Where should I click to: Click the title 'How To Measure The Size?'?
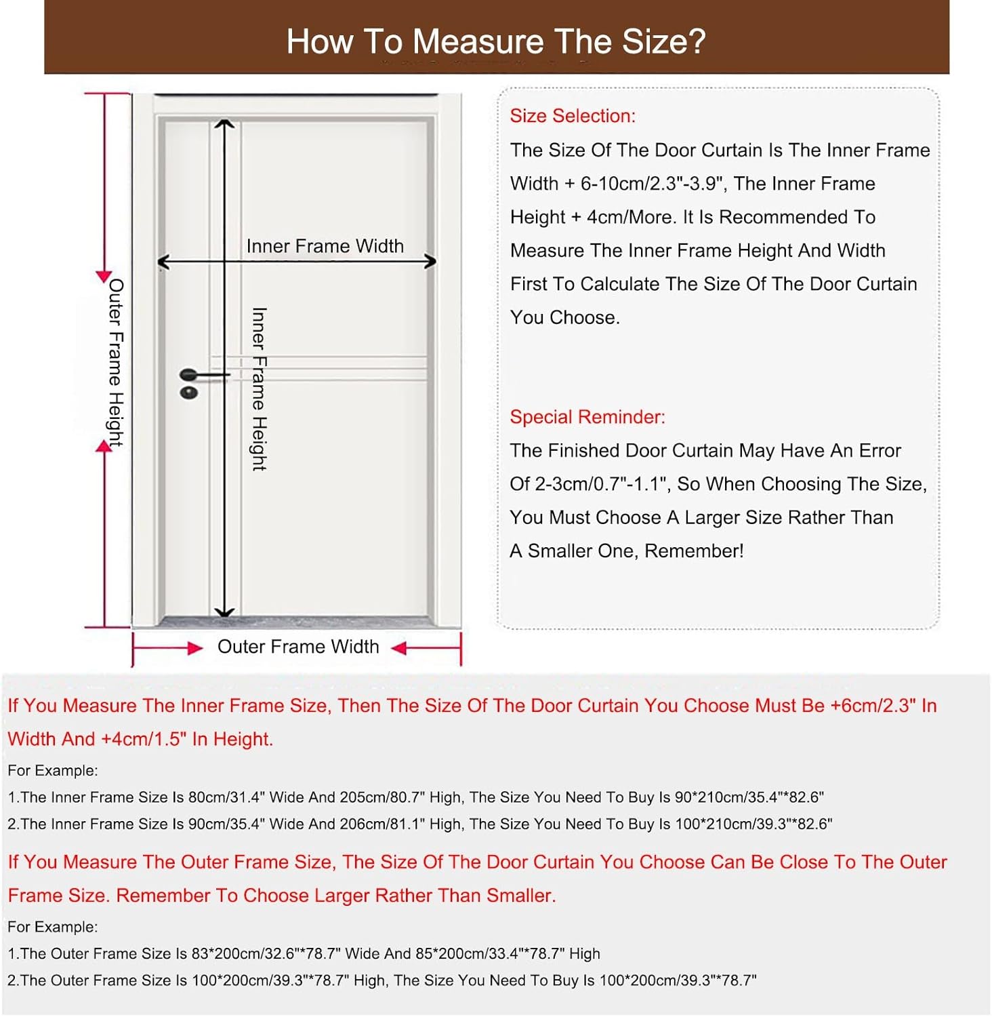(496, 41)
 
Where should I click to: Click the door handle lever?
(203, 374)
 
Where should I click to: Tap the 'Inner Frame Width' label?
(325, 246)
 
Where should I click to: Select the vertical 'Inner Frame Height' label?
(259, 388)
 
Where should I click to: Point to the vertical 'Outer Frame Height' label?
(116, 362)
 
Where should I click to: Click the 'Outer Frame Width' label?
(298, 647)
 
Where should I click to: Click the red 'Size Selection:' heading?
(573, 116)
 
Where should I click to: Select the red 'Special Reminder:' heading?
(587, 417)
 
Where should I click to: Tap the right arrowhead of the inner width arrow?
(430, 262)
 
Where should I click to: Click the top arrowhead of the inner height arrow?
(224, 124)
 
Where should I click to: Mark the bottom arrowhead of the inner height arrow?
(224, 612)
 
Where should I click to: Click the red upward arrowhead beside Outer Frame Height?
(104, 445)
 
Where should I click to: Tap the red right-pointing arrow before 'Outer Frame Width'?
(195, 648)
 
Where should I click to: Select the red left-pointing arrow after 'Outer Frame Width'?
(400, 648)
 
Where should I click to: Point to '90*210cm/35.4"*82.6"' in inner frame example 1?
(749, 797)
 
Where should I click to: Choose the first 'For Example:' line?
(53, 771)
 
